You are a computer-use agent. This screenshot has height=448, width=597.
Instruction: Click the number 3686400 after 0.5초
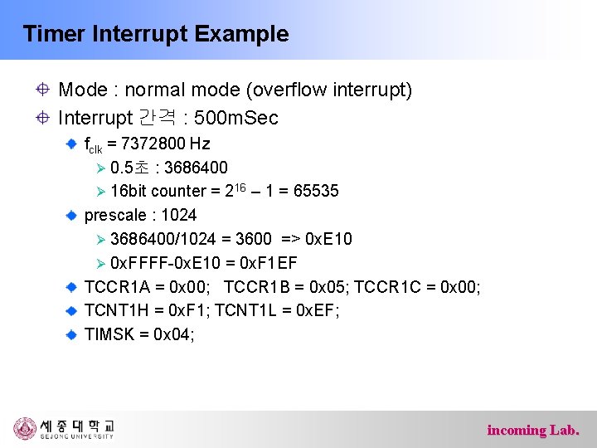196,168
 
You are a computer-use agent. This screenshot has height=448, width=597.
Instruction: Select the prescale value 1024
178,216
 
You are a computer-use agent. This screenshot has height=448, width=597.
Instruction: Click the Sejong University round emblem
25,429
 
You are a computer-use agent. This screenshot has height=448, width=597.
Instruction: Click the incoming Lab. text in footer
533,430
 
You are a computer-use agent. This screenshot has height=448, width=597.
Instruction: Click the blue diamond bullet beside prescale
72,216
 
